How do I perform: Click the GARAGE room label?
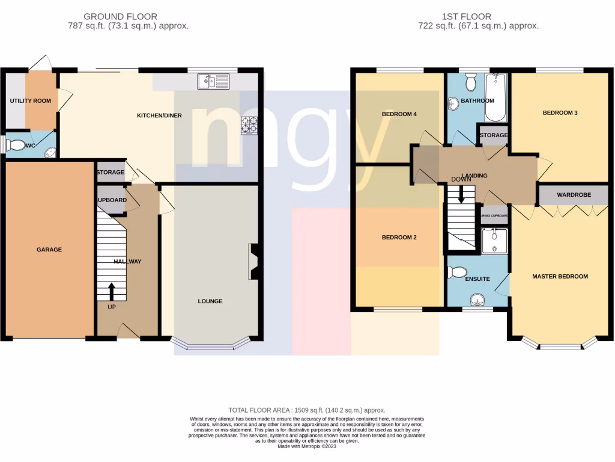tap(49, 250)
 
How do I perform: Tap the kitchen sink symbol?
tap(213, 81)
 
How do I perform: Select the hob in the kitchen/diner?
tap(249, 125)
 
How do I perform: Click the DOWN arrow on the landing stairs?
tap(461, 194)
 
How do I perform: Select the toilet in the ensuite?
tap(458, 273)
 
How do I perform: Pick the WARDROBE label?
tap(574, 195)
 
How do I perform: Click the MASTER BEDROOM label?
tap(560, 277)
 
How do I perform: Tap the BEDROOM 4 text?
tap(399, 114)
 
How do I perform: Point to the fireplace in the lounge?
tap(253, 261)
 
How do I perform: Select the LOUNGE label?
tap(210, 301)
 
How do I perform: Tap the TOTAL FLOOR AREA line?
tap(307, 410)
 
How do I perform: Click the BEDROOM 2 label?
tap(399, 238)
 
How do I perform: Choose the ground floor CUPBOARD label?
tap(111, 200)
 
